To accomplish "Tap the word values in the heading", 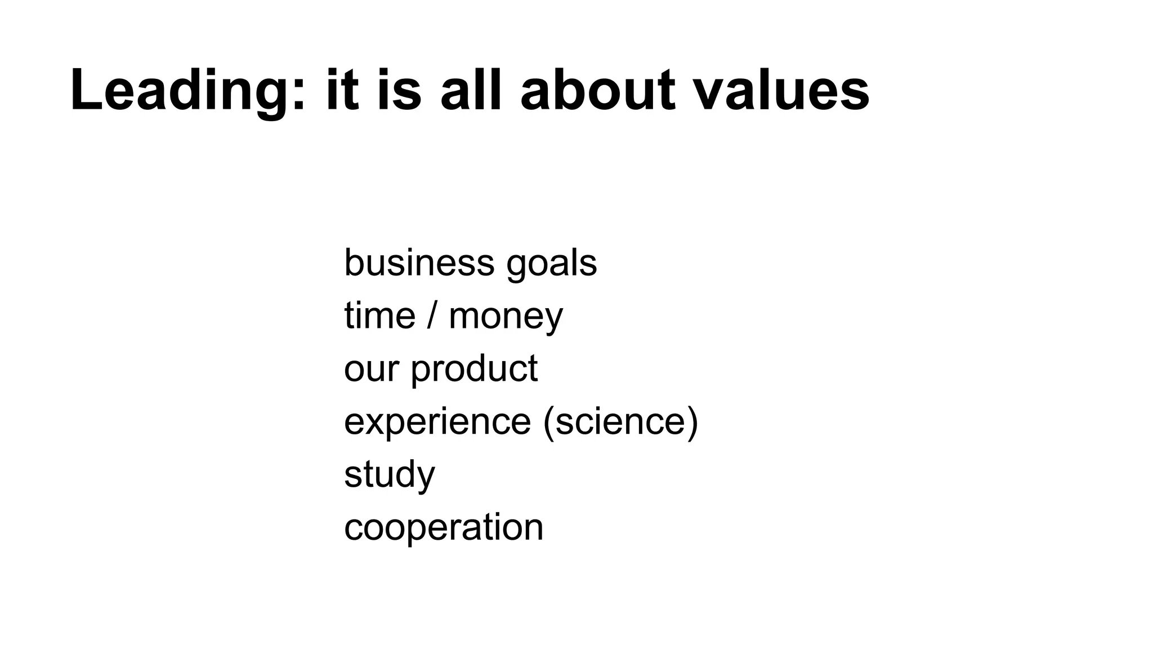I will [781, 90].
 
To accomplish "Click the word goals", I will [551, 264].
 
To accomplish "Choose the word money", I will [506, 317].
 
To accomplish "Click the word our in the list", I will [371, 369].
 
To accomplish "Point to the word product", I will [474, 370].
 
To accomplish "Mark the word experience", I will [437, 422].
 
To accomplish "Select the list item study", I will [390, 475].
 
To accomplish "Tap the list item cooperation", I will [444, 528].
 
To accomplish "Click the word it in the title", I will [342, 90].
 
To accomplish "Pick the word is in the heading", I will [399, 90].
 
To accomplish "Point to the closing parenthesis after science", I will [692, 422].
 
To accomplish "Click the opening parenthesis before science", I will [549, 422].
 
